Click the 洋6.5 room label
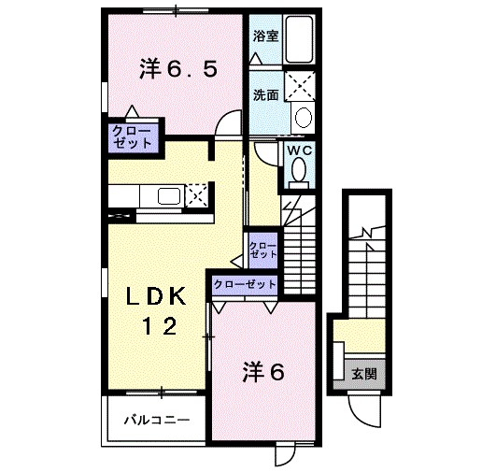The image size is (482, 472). (x=180, y=69)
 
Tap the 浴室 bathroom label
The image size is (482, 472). (x=265, y=36)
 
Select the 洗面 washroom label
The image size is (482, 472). (x=265, y=94)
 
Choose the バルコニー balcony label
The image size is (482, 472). (x=158, y=420)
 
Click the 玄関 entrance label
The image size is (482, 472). (x=364, y=374)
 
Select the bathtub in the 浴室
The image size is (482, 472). (x=299, y=39)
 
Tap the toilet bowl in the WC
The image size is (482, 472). (x=299, y=171)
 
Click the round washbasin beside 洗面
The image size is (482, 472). (x=302, y=118)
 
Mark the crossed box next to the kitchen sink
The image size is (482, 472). (x=197, y=195)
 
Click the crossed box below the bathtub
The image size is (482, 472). (x=299, y=86)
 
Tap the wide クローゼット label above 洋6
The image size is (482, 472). (x=245, y=284)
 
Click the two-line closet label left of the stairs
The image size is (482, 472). (x=262, y=250)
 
